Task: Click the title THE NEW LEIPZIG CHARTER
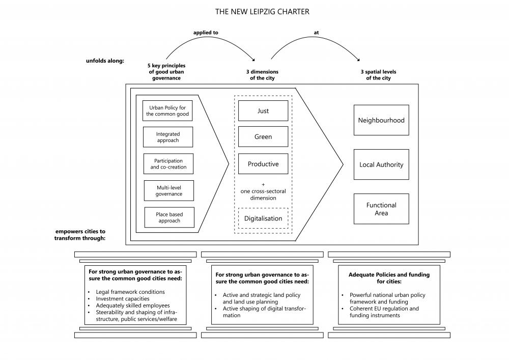[262, 12]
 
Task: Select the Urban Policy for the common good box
[167, 110]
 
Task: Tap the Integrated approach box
[168, 137]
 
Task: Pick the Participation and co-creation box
[168, 164]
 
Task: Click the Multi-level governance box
[169, 190]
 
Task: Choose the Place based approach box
[169, 217]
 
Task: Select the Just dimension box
[263, 110]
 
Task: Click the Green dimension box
[263, 136]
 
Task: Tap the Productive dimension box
[263, 164]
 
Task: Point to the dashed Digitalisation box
[263, 218]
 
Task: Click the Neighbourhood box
[381, 120]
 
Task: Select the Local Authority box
[381, 164]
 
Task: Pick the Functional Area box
[381, 209]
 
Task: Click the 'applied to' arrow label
[206, 33]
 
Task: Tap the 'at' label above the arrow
[317, 33]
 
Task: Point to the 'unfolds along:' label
[105, 61]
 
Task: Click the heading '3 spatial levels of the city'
[379, 75]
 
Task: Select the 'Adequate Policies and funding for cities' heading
[389, 278]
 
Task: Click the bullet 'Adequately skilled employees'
[133, 306]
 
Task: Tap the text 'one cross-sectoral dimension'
[263, 195]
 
